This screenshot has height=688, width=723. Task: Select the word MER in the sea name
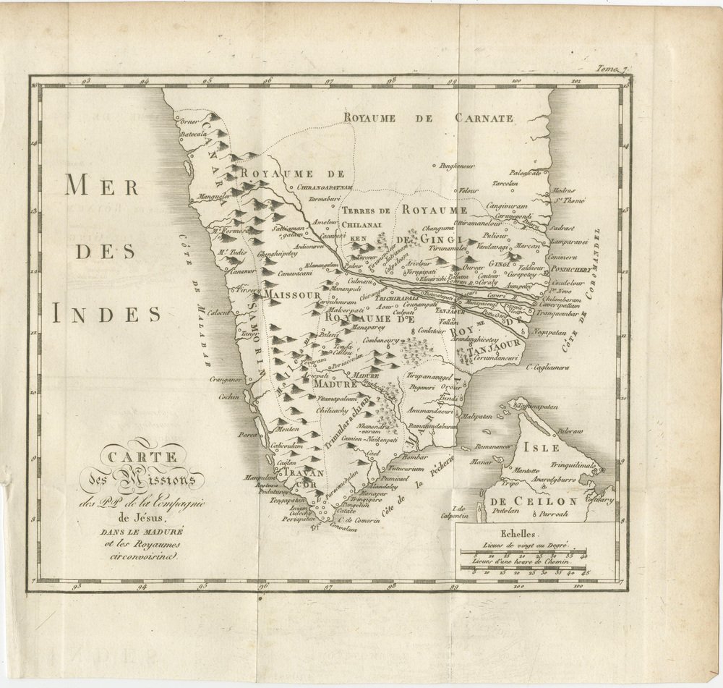click(x=102, y=186)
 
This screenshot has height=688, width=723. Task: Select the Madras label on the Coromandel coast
click(x=565, y=191)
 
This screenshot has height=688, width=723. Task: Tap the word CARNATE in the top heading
click(x=484, y=118)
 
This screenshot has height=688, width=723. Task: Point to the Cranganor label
click(x=223, y=378)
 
